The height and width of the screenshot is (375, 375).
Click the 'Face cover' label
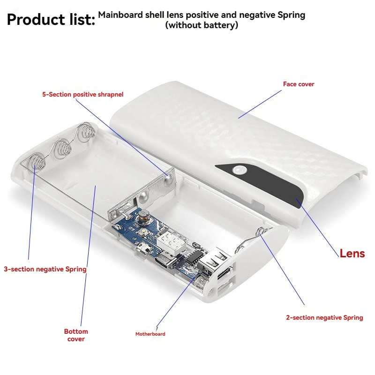pos(299,84)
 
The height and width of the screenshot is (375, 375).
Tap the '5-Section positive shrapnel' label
pos(83,95)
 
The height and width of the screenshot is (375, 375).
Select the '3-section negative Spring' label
pos(45,269)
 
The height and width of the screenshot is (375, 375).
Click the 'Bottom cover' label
pos(76,335)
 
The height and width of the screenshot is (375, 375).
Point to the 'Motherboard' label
pos(150,334)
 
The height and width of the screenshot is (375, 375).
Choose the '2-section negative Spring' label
pos(324,318)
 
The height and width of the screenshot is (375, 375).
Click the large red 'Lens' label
pos(352,254)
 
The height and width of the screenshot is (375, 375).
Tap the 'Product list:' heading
pos(51,19)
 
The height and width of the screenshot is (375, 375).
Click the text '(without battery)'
pos(202,25)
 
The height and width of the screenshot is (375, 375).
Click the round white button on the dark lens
pos(240,170)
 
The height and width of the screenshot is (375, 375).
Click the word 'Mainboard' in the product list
pos(120,15)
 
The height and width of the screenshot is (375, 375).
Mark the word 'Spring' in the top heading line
pos(291,15)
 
